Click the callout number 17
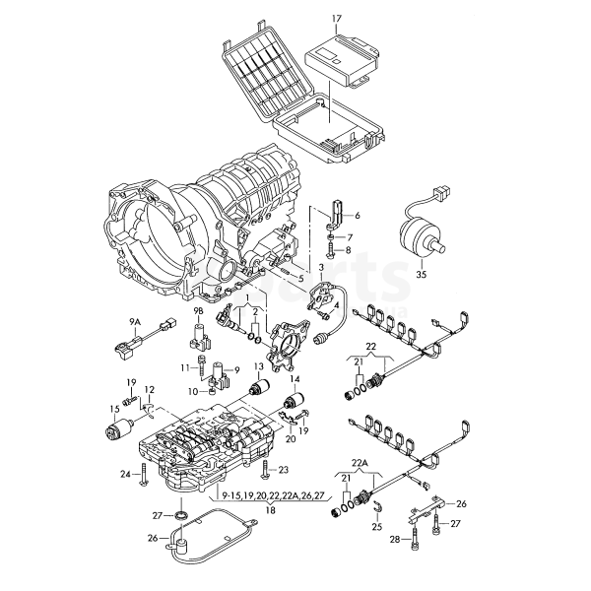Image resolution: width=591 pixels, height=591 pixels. point(336,19)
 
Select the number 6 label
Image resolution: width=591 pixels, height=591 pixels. point(358,215)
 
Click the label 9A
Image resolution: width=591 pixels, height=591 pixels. point(135,321)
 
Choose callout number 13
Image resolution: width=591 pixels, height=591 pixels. point(260,367)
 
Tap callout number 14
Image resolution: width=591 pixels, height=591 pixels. point(294,379)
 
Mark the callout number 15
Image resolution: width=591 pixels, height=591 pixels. point(114,408)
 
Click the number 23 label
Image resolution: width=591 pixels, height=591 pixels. point(283,469)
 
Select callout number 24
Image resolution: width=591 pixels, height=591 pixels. point(125,475)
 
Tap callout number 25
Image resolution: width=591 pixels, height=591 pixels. point(375,527)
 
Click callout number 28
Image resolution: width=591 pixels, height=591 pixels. point(395,540)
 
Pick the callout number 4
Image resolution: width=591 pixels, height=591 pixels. point(340,305)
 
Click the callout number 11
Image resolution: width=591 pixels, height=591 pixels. point(185,367)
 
